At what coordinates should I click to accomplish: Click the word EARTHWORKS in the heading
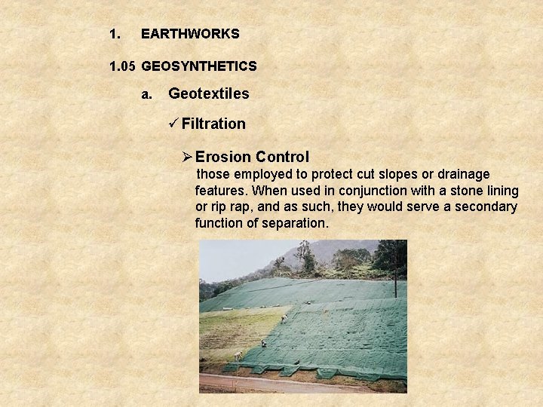point(190,34)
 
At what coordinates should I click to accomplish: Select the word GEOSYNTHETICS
point(199,66)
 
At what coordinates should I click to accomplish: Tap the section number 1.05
point(122,66)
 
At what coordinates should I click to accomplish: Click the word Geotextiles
point(208,94)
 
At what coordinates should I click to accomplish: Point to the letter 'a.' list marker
point(147,95)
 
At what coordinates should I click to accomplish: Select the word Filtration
point(213,124)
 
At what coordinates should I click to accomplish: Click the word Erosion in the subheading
point(222,158)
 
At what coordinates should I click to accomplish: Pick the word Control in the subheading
point(282,158)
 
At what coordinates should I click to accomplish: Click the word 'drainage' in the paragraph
point(465,174)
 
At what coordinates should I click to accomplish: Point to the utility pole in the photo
point(394,271)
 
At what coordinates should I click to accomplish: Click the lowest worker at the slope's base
point(238,357)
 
